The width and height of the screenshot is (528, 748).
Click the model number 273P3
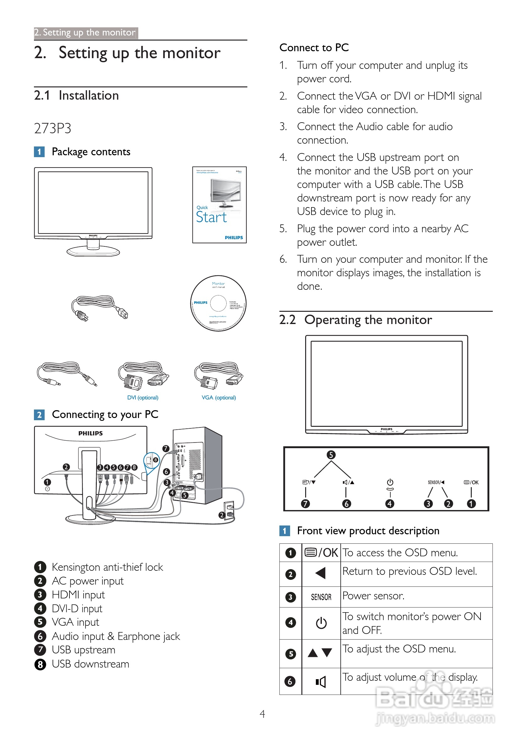tap(52, 128)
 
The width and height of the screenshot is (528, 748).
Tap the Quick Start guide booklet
tap(219, 205)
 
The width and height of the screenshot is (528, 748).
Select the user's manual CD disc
tap(218, 303)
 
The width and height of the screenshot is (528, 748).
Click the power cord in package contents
tap(99, 308)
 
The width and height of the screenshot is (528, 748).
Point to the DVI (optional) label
tap(143, 398)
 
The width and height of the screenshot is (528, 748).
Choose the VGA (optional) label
tap(218, 398)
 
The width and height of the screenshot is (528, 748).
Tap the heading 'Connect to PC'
tap(314, 47)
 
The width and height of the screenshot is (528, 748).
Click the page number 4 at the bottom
tap(262, 714)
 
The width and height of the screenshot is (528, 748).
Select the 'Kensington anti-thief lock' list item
tap(107, 567)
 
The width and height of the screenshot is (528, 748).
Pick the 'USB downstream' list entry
tap(90, 664)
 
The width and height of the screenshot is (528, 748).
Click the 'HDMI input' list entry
tap(78, 595)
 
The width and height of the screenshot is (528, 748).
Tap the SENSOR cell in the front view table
tap(321, 597)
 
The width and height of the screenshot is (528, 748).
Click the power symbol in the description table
tap(321, 623)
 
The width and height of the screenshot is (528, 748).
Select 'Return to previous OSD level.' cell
tap(410, 571)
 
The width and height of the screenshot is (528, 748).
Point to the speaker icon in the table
tap(321, 682)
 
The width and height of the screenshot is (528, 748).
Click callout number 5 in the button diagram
tap(331, 455)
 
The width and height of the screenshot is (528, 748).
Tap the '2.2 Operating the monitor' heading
tap(355, 320)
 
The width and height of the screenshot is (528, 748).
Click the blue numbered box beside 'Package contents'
tap(39, 152)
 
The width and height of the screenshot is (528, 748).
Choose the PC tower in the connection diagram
tap(197, 466)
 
